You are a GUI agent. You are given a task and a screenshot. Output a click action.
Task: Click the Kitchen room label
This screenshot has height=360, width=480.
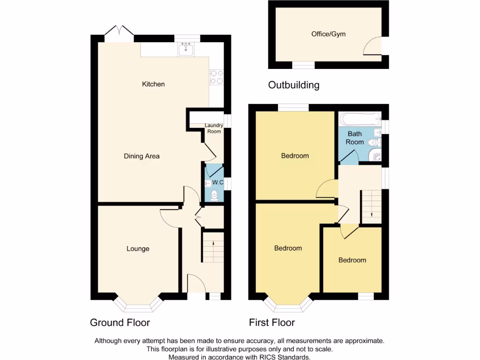153,84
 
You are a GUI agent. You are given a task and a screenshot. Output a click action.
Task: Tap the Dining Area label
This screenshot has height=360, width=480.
142,156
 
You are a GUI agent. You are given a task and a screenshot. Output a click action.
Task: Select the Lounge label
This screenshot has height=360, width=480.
138,249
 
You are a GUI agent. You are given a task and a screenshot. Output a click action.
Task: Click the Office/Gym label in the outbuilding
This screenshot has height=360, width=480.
329,34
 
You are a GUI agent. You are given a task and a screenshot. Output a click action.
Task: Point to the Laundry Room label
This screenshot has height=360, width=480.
214,128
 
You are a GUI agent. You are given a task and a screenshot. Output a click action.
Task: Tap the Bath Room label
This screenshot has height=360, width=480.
354,138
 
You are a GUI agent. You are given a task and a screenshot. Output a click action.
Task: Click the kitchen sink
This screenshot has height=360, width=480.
187,49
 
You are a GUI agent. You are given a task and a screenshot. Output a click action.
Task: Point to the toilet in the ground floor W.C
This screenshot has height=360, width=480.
214,195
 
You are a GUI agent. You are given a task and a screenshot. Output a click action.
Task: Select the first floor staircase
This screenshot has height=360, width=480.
371,206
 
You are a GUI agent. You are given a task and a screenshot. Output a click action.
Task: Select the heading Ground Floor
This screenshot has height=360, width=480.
120,322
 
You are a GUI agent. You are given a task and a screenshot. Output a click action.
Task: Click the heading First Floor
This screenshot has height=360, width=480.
272,322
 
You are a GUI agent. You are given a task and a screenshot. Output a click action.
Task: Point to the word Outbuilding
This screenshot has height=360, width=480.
293,85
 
